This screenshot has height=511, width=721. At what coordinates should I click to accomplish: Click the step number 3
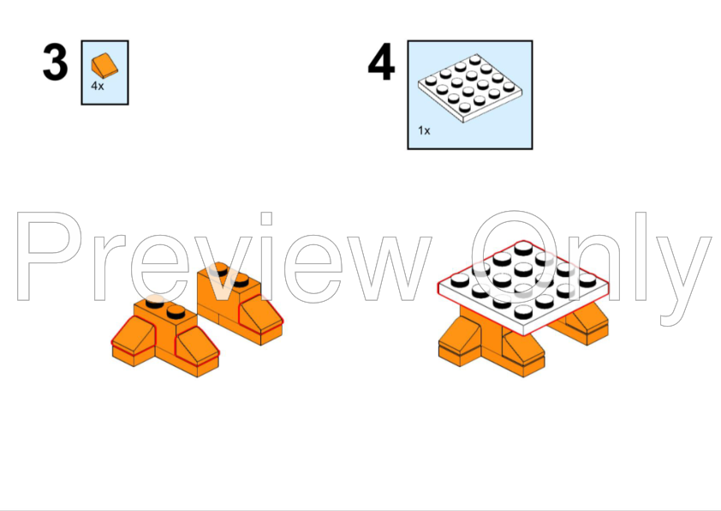(55, 62)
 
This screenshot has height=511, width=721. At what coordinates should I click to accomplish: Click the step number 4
(381, 62)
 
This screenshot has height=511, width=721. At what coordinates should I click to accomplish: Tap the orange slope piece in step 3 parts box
(104, 65)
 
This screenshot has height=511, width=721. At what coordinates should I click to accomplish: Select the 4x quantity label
(98, 86)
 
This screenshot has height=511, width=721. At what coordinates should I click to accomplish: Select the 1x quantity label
(424, 130)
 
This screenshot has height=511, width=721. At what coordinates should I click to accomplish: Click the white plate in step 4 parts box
(470, 88)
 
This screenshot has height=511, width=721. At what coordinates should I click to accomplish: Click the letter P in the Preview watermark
(50, 256)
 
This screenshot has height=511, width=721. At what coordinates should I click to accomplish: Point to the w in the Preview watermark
(389, 268)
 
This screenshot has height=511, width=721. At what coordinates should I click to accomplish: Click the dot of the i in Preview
(266, 219)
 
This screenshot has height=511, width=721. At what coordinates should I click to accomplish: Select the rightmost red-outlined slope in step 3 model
(260, 316)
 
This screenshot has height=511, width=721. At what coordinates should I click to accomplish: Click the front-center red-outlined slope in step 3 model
(197, 346)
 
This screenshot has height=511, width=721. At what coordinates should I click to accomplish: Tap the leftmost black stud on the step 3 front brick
(154, 302)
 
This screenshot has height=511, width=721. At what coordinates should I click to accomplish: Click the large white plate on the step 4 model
(523, 289)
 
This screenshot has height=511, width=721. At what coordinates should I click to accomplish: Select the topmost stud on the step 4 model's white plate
(523, 249)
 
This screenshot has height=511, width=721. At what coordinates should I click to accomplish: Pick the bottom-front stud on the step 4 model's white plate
(523, 312)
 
